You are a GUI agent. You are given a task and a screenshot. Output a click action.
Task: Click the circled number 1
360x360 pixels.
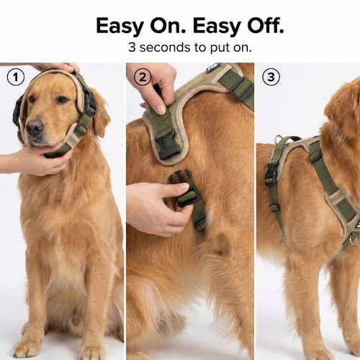pyautogui.click(x=15, y=76)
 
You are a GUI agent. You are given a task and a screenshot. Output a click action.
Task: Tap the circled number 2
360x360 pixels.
pyautogui.click(x=143, y=76)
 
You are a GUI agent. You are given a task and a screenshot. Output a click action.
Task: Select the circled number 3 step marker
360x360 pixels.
pyautogui.click(x=271, y=76)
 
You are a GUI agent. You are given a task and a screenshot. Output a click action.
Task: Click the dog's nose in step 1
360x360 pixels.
pyautogui.click(x=34, y=128)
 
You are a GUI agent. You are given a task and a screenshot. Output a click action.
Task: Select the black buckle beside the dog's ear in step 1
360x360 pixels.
pyautogui.click(x=89, y=101)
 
